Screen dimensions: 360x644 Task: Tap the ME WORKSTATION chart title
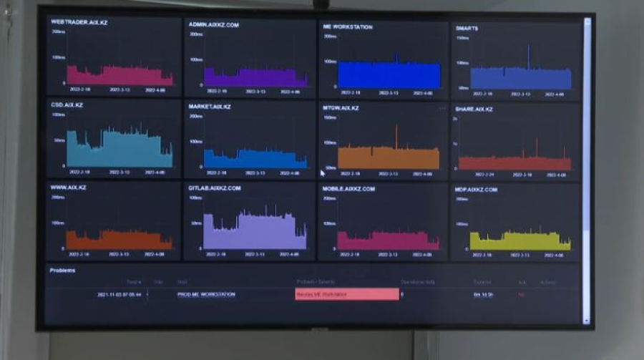tap(348, 26)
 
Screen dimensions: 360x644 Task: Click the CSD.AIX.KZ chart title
tap(67, 104)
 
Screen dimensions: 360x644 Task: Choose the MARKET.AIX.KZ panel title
tap(210, 106)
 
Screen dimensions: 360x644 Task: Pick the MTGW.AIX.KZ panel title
tap(341, 108)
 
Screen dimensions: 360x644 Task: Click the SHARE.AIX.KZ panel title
tap(474, 109)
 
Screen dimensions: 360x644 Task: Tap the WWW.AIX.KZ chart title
tap(68, 186)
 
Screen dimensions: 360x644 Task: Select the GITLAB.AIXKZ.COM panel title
tap(215, 188)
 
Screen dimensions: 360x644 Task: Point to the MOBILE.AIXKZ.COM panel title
tap(349, 189)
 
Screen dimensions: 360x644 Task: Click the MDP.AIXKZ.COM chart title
tap(476, 190)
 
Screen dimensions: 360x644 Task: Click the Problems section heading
tap(62, 271)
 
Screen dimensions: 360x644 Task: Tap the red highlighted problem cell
tap(347, 294)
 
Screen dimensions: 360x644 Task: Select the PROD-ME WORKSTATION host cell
tap(206, 294)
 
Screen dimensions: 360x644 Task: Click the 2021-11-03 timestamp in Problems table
tap(119, 294)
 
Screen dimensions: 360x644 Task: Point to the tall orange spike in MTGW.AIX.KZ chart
tap(396, 136)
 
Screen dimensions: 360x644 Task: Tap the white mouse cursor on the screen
tap(323, 172)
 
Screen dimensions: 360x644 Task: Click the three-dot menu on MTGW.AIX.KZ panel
tap(442, 108)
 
